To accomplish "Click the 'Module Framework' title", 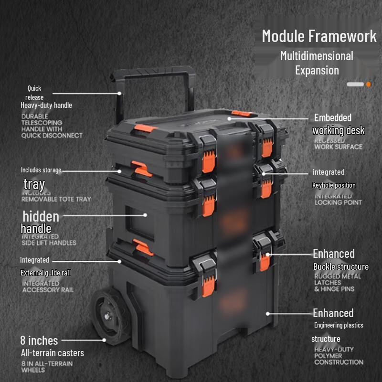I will (x=319, y=36).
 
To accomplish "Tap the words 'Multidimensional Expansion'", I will (x=317, y=63).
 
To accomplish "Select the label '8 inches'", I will (x=39, y=340).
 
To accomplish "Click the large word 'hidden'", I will (x=41, y=216).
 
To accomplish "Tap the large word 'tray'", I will (x=34, y=184).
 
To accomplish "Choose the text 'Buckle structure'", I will (x=341, y=266).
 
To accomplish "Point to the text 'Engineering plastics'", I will (x=339, y=325).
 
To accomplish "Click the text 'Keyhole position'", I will (x=334, y=185).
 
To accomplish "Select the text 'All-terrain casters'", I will (x=53, y=353).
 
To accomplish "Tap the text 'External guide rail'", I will (x=45, y=273).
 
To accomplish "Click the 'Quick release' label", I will (x=34, y=93).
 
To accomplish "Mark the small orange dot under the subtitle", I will (x=368, y=85).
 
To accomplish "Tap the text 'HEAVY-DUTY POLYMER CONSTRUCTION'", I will (x=339, y=356).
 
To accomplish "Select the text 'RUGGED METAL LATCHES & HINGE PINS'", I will (x=338, y=283).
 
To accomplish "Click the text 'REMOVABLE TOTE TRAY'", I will (x=56, y=199).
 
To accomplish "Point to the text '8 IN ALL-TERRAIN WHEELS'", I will (x=47, y=367).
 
